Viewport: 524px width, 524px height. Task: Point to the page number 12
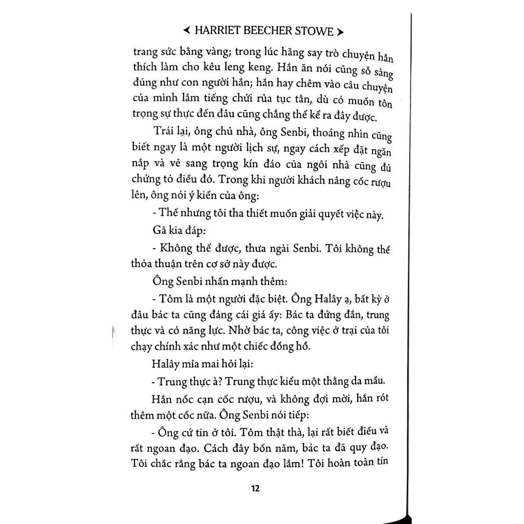coord(255,488)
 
